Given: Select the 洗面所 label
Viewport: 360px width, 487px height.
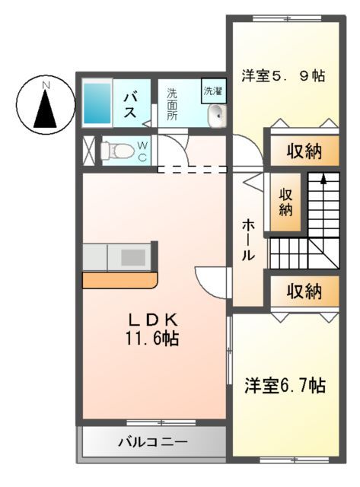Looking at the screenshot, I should [x=172, y=104].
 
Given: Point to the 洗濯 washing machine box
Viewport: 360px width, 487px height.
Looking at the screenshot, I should [x=212, y=91].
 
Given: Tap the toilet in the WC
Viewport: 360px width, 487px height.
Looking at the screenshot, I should [x=116, y=150].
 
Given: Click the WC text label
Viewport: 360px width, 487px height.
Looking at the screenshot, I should [x=142, y=151].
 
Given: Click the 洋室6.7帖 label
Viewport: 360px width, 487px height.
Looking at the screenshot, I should [x=285, y=386].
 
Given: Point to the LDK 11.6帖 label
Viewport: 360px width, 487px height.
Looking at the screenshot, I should [x=152, y=329].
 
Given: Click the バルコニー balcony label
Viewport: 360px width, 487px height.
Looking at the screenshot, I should [x=152, y=441].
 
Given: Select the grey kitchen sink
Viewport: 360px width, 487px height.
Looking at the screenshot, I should [x=131, y=256].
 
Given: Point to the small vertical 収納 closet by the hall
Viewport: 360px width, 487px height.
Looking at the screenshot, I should [x=285, y=202].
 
